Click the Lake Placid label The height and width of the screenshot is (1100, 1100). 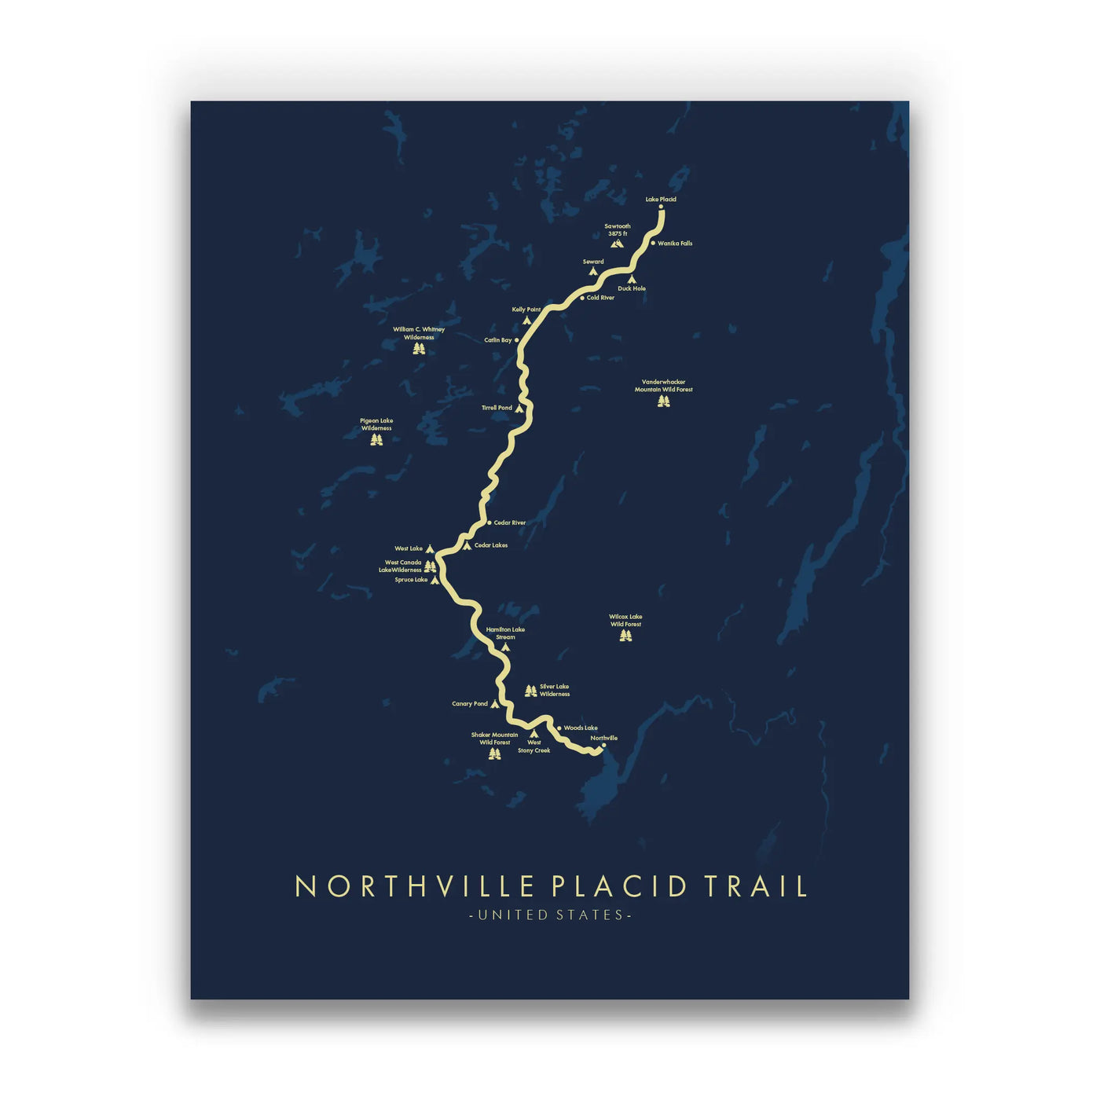click(x=661, y=200)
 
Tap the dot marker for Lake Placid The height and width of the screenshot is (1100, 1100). click(x=661, y=207)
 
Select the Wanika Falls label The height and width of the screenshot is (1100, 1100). click(x=675, y=244)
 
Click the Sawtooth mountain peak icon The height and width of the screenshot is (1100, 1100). click(x=617, y=244)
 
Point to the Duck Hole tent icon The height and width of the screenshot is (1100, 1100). click(x=632, y=279)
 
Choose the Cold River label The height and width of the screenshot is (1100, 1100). click(x=600, y=298)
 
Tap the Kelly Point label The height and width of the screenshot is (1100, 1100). click(x=526, y=310)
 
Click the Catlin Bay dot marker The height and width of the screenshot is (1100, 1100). click(x=516, y=340)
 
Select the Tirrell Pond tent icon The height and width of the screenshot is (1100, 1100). click(x=519, y=409)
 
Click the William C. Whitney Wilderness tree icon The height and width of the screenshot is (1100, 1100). click(x=419, y=348)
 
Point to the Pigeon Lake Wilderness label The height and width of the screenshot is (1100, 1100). click(x=376, y=424)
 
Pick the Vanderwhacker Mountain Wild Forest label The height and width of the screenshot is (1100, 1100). click(x=664, y=386)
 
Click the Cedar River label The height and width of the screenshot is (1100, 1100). click(x=510, y=522)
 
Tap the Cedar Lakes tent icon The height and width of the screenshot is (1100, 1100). click(x=467, y=545)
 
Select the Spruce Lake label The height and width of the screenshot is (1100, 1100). click(x=411, y=580)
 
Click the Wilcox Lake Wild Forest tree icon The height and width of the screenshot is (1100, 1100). click(x=625, y=635)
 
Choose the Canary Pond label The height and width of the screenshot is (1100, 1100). click(x=470, y=704)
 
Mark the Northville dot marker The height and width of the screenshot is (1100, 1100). click(x=603, y=746)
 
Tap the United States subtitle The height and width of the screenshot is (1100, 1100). click(x=550, y=915)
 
